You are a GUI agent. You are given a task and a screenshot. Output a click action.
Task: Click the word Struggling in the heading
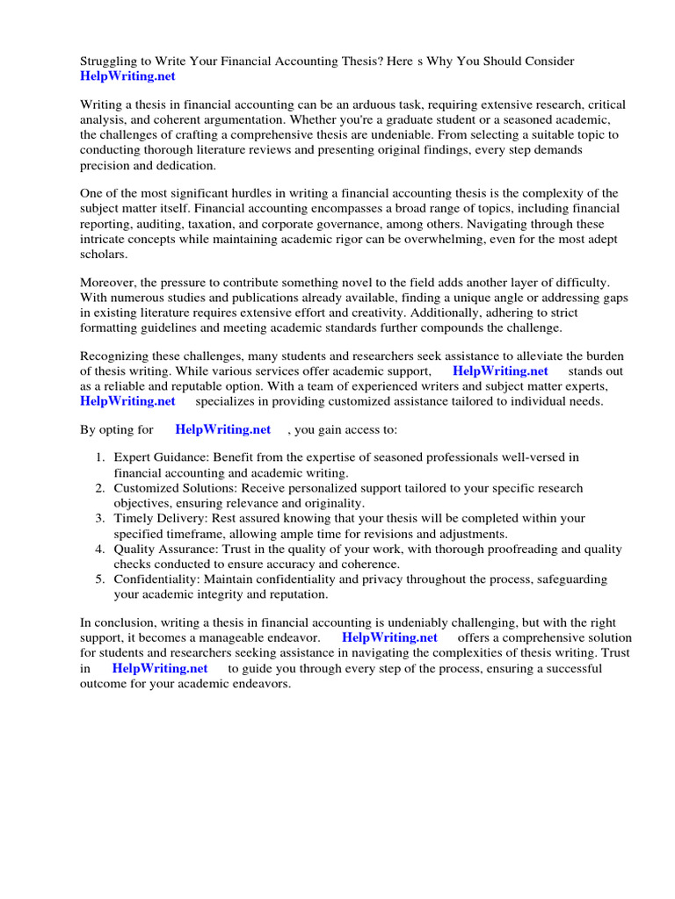[x=110, y=61]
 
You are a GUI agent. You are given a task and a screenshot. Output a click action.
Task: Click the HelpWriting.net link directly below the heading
[x=127, y=76]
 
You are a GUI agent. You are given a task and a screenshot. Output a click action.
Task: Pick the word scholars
[x=104, y=254]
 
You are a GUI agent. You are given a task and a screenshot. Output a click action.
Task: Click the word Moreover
[x=109, y=282]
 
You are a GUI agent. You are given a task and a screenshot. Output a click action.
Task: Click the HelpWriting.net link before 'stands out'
[x=500, y=371]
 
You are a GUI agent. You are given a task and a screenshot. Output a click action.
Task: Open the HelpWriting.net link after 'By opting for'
[x=223, y=429]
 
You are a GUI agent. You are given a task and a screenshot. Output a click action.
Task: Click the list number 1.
[x=100, y=457]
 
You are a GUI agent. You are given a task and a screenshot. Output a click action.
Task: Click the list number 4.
[x=100, y=549]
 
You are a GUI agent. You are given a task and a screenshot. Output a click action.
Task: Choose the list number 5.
[x=100, y=579]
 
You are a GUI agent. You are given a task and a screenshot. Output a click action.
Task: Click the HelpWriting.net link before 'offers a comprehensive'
[x=389, y=637]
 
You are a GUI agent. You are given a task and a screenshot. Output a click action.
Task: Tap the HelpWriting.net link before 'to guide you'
[x=160, y=668]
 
